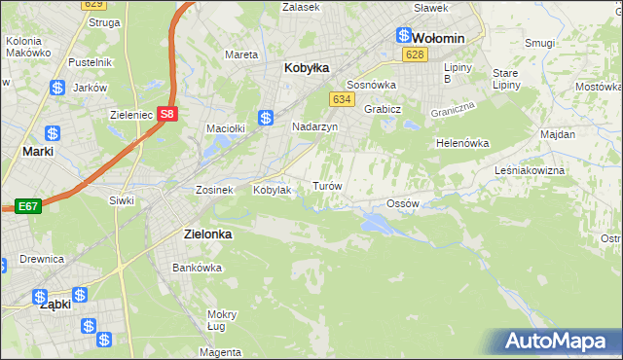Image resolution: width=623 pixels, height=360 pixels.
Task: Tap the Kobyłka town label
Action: pyautogui.click(x=307, y=68)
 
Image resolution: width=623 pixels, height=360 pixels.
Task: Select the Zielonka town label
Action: pyautogui.click(x=210, y=234)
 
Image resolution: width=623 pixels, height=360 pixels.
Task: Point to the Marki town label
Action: pyautogui.click(x=38, y=152)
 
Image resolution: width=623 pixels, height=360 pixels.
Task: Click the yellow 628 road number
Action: pyautogui.click(x=416, y=55)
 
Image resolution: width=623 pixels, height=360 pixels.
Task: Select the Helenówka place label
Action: pyautogui.click(x=461, y=143)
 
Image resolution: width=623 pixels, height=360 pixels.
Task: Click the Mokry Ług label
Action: pyautogui.click(x=222, y=320)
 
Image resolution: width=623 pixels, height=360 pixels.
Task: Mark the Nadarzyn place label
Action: pyautogui.click(x=314, y=126)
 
